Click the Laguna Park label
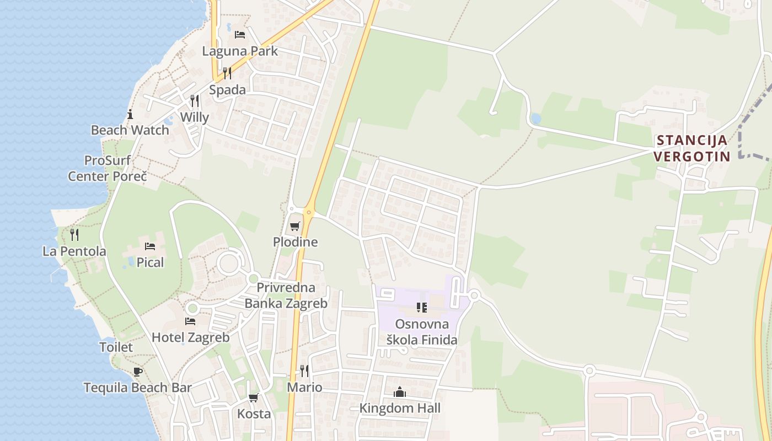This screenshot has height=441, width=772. pyautogui.click(x=240, y=51)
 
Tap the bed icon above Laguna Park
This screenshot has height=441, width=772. pyautogui.click(x=240, y=35)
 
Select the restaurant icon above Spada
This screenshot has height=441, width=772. pyautogui.click(x=227, y=73)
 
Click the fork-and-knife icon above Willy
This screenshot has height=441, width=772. pyautogui.click(x=195, y=101)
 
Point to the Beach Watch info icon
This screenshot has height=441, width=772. pyautogui.click(x=130, y=115)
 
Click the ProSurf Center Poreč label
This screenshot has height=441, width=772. pyautogui.click(x=108, y=169)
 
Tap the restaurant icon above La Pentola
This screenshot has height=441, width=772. pyautogui.click(x=74, y=235)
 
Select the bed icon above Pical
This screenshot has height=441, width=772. pyautogui.click(x=150, y=246)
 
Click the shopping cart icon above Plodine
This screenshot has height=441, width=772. pyautogui.click(x=295, y=226)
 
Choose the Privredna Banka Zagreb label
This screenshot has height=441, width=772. pyautogui.click(x=286, y=295)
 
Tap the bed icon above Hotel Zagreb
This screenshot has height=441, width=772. pyautogui.click(x=190, y=321)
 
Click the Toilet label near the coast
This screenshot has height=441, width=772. pyautogui.click(x=116, y=347)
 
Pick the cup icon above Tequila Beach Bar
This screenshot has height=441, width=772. pyautogui.click(x=137, y=372)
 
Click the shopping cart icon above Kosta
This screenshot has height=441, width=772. pyautogui.click(x=254, y=397)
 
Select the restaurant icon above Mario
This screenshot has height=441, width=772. pyautogui.click(x=304, y=370)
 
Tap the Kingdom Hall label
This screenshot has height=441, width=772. pyautogui.click(x=400, y=408)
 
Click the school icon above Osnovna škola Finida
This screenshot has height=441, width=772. pyautogui.click(x=422, y=308)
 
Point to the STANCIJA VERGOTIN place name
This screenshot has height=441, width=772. pyautogui.click(x=691, y=148)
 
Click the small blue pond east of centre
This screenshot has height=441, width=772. pyautogui.click(x=535, y=119)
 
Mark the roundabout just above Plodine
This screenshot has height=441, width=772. pyautogui.click(x=309, y=212)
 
